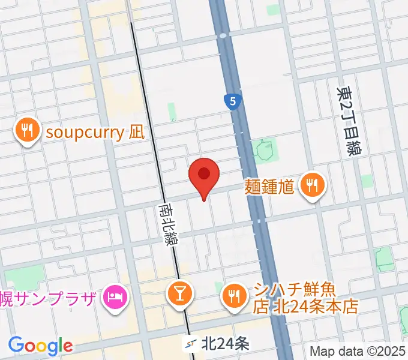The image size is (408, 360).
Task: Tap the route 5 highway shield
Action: click(x=232, y=101)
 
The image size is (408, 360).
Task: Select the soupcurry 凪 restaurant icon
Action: click(x=27, y=131)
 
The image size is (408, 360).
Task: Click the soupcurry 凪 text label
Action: click(x=95, y=132)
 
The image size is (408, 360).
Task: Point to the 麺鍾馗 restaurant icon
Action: click(x=311, y=185)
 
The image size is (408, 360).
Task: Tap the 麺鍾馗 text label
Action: click(x=269, y=186)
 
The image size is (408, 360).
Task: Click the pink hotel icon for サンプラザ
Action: click(x=113, y=295)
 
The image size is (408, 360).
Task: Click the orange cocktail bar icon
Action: click(x=179, y=295)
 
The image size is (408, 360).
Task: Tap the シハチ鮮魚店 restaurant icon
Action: click(x=233, y=295)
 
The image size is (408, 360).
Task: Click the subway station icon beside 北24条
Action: click(x=191, y=344)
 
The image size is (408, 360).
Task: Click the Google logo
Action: click(x=40, y=346)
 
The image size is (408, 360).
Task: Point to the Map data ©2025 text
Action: click(x=358, y=351)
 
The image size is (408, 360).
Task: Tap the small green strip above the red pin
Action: click(x=172, y=112)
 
